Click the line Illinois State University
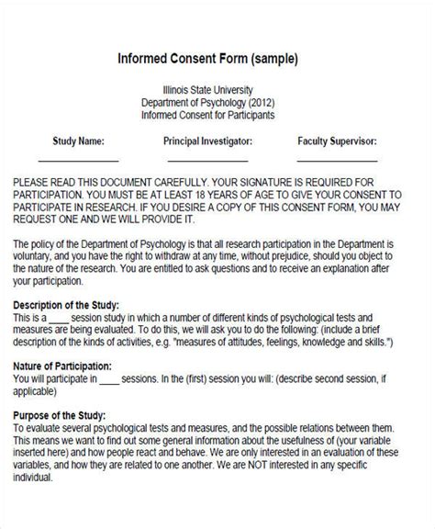pos(218,90)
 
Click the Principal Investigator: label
pos(207,141)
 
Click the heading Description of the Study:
pos(71,305)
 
